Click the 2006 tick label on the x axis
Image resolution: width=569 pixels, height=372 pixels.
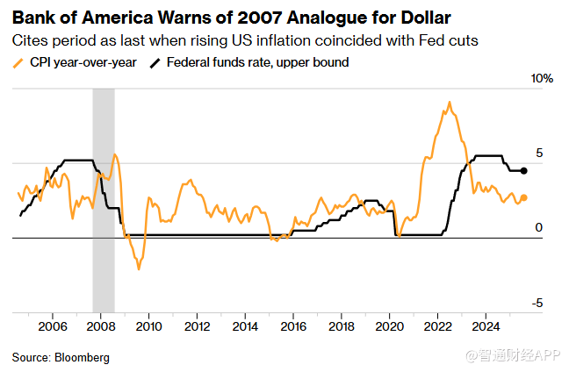pyautogui.click(x=53, y=327)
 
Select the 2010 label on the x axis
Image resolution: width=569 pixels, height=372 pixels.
pyautogui.click(x=149, y=327)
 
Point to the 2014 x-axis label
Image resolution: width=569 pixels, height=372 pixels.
pyautogui.click(x=246, y=327)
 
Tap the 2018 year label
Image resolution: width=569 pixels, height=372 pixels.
pyautogui.click(x=342, y=327)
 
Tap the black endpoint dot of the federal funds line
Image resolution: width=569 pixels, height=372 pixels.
pyautogui.click(x=524, y=171)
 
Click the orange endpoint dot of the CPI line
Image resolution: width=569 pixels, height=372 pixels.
pyautogui.click(x=524, y=198)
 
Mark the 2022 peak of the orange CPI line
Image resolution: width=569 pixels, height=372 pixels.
pyautogui.click(x=450, y=103)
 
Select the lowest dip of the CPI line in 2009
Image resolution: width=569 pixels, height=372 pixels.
pyautogui.click(x=139, y=268)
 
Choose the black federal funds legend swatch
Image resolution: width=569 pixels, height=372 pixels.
pyautogui.click(x=157, y=62)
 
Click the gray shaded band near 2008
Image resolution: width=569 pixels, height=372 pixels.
pyautogui.click(x=104, y=202)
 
